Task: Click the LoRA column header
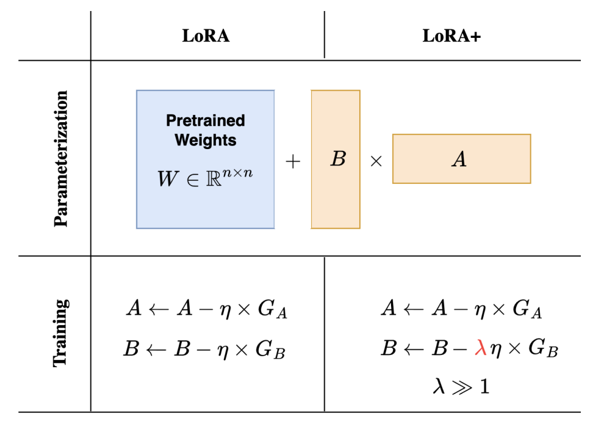click(x=206, y=36)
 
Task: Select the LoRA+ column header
click(x=451, y=36)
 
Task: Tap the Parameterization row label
click(x=61, y=159)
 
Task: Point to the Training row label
click(x=61, y=333)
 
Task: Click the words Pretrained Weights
click(x=206, y=130)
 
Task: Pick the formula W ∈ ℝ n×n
click(x=206, y=179)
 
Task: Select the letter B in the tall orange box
click(x=337, y=159)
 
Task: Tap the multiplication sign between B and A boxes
click(x=376, y=163)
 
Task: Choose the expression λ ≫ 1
click(x=461, y=386)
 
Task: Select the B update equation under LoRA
click(x=206, y=350)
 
